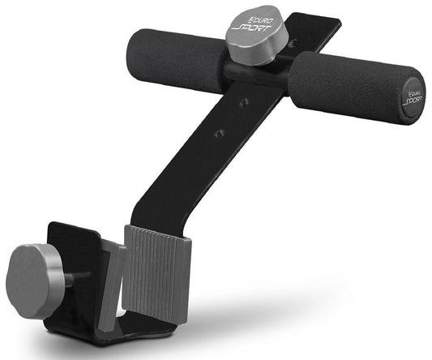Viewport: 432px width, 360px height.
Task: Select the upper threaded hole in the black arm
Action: coord(244,104)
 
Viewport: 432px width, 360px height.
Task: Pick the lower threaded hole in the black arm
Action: coord(220,133)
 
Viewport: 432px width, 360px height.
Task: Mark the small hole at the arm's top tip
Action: coord(292,43)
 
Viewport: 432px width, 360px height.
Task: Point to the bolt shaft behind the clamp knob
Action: coord(72,278)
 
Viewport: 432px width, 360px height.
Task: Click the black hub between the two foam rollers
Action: coord(258,73)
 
